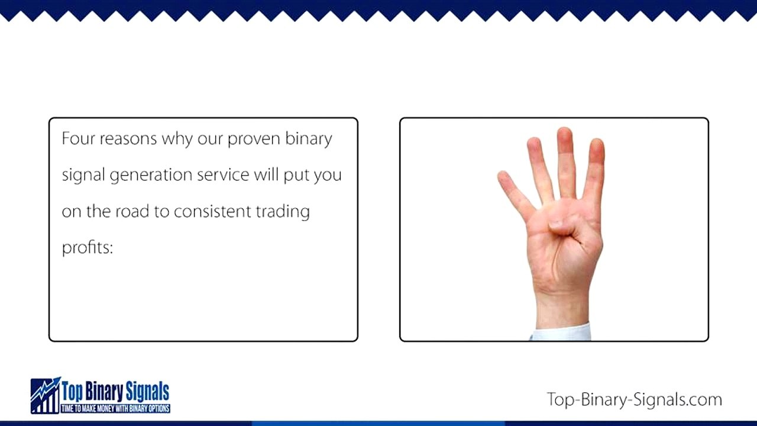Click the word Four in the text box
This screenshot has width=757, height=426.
point(78,138)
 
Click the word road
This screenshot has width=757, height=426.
point(132,211)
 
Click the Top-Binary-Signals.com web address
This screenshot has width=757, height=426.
point(634,399)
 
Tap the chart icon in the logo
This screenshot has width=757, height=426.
point(46,395)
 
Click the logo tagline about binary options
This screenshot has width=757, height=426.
point(115,409)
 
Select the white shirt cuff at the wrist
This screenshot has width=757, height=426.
point(562,333)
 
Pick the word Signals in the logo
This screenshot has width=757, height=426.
point(147,391)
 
